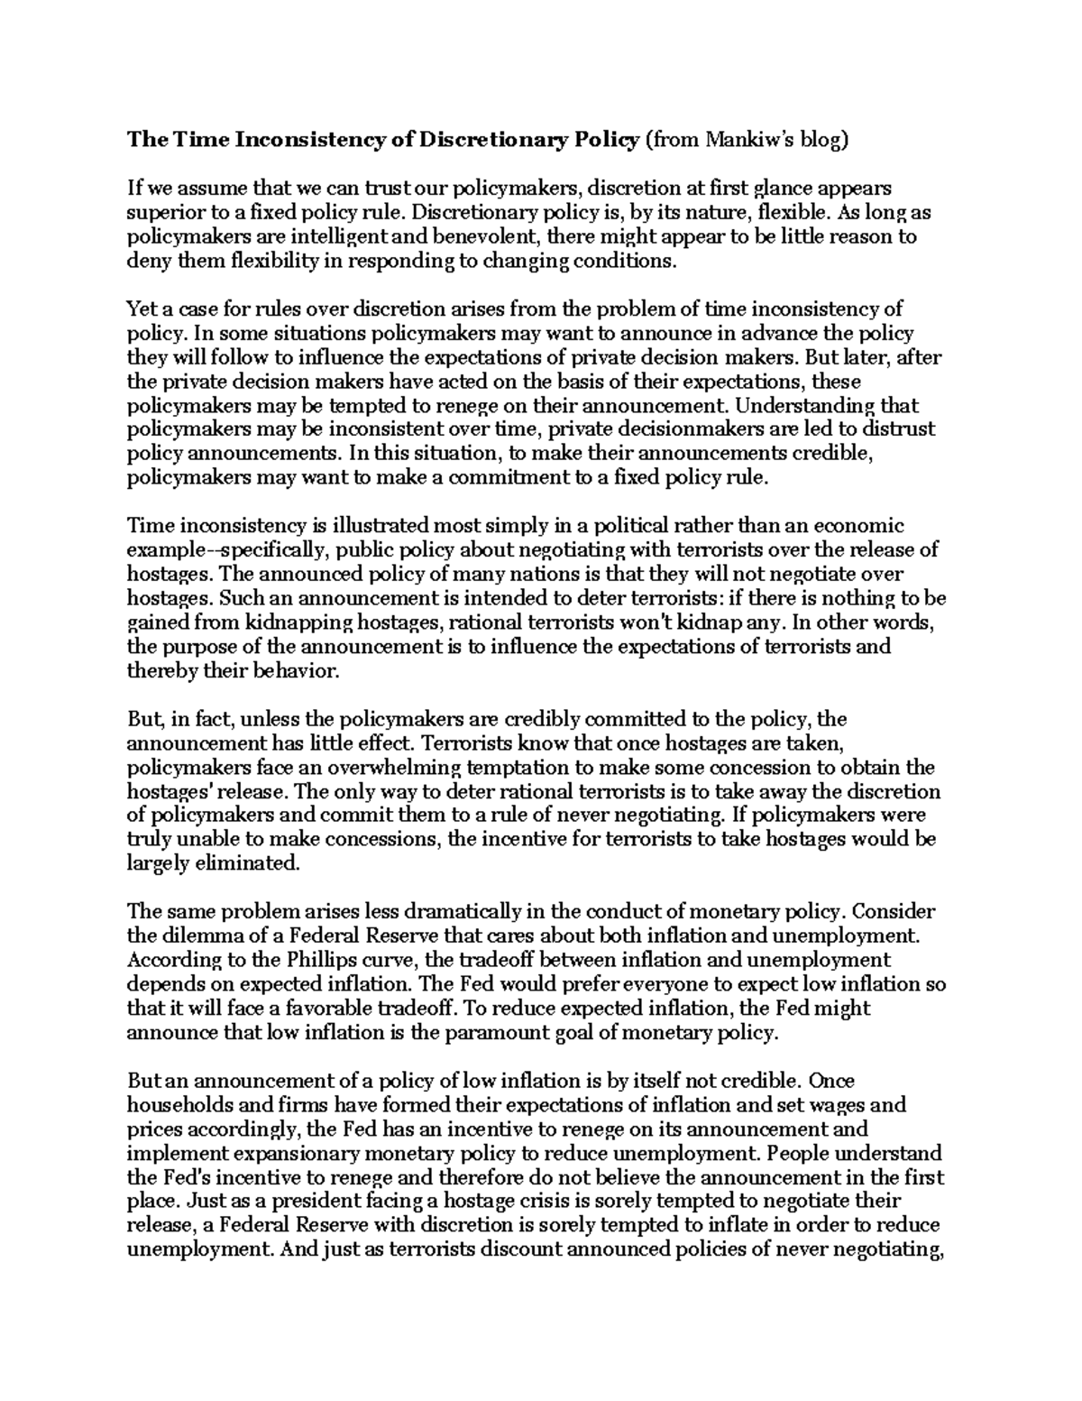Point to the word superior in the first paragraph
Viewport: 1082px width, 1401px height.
tap(159, 213)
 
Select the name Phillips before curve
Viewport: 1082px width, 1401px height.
tap(293, 960)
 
